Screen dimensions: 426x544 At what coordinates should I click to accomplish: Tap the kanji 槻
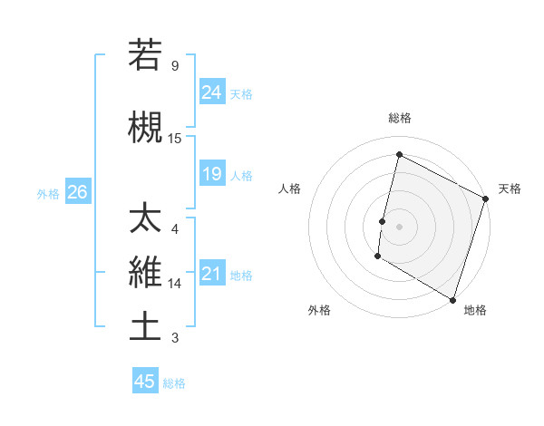click(145, 127)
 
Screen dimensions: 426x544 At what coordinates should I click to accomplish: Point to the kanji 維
click(145, 271)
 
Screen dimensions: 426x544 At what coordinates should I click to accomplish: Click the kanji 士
click(145, 326)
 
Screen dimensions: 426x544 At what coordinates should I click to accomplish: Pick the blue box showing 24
click(212, 92)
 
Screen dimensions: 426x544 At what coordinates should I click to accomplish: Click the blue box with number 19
click(212, 174)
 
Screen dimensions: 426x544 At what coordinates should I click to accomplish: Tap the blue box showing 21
click(212, 274)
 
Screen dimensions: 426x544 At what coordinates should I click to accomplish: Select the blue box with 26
click(77, 192)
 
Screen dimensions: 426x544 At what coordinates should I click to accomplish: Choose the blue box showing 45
click(145, 382)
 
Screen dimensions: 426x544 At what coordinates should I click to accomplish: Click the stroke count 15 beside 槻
click(175, 139)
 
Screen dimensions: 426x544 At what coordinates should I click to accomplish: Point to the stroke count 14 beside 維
click(175, 284)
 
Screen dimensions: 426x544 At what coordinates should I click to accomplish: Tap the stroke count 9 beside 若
click(174, 66)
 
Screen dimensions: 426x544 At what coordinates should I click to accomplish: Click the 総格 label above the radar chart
click(400, 118)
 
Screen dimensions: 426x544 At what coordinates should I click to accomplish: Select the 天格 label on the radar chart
click(510, 189)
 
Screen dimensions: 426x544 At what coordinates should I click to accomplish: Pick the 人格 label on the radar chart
click(290, 189)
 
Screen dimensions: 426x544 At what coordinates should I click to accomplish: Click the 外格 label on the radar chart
click(319, 310)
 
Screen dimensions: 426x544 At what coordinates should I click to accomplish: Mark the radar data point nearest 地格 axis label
click(452, 299)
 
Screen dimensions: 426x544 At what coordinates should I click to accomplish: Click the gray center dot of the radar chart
click(400, 227)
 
